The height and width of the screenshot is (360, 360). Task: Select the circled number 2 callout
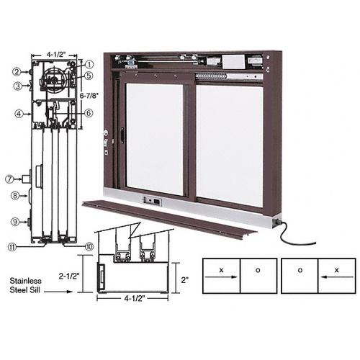pyautogui.click(x=16, y=71)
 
